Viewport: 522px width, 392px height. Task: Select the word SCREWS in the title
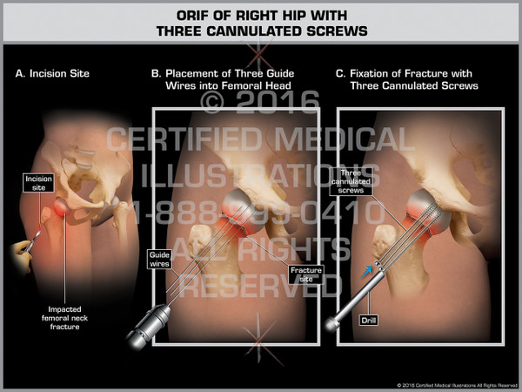(x=336, y=31)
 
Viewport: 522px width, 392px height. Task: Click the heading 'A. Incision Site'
(x=52, y=74)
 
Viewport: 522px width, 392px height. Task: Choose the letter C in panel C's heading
(x=341, y=74)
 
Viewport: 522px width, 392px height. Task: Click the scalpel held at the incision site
(x=35, y=233)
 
